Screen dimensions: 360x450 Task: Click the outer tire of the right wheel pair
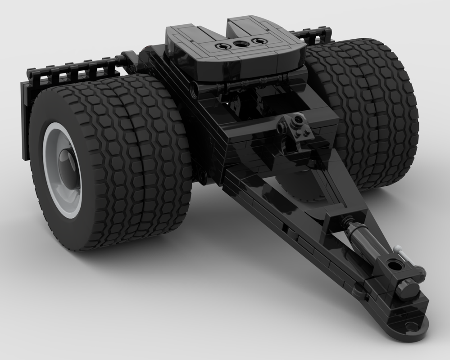click(x=383, y=112)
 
